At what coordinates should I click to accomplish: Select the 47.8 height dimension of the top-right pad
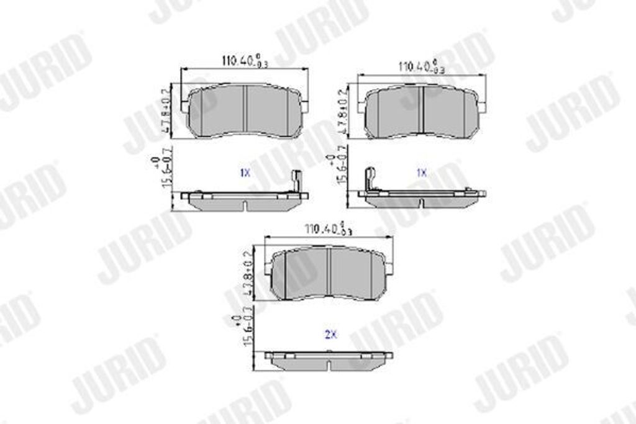pos(342,112)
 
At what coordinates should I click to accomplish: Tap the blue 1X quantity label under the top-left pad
pos(245,174)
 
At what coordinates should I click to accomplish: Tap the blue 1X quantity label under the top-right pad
pos(422,174)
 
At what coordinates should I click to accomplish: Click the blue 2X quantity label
pos(330,335)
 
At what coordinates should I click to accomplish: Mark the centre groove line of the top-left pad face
pos(246,110)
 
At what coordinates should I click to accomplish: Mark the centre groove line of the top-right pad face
pos(423,110)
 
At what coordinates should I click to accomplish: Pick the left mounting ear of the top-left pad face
pos(185,106)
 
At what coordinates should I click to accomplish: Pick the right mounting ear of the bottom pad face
pos(389,268)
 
